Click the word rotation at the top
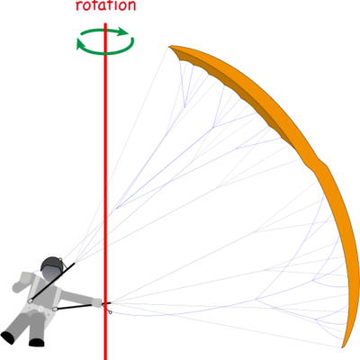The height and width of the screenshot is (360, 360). (x=105, y=5)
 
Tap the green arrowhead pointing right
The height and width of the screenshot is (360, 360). (x=123, y=31)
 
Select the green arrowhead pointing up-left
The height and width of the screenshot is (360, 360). (x=81, y=43)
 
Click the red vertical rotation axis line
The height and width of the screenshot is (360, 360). (x=105, y=191)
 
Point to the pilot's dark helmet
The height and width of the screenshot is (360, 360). (x=52, y=263)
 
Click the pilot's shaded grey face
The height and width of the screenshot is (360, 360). (x=51, y=274)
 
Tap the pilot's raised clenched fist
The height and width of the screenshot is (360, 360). (x=26, y=276)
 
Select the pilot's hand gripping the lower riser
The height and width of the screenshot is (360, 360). (x=97, y=302)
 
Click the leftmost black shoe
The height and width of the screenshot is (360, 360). (x=8, y=337)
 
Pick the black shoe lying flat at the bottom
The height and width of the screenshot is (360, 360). (x=37, y=342)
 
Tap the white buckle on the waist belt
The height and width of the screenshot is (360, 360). (x=39, y=308)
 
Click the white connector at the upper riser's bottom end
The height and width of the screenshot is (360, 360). (x=31, y=301)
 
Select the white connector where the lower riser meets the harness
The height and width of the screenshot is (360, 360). (x=55, y=309)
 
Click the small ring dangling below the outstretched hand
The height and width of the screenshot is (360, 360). (x=110, y=312)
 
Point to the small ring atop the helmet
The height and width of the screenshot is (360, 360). (x=61, y=259)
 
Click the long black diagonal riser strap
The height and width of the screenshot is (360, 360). (x=53, y=281)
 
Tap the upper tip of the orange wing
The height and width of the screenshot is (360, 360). (x=169, y=47)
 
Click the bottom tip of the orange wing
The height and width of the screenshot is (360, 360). (x=343, y=347)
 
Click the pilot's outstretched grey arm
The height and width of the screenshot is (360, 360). (x=78, y=297)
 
